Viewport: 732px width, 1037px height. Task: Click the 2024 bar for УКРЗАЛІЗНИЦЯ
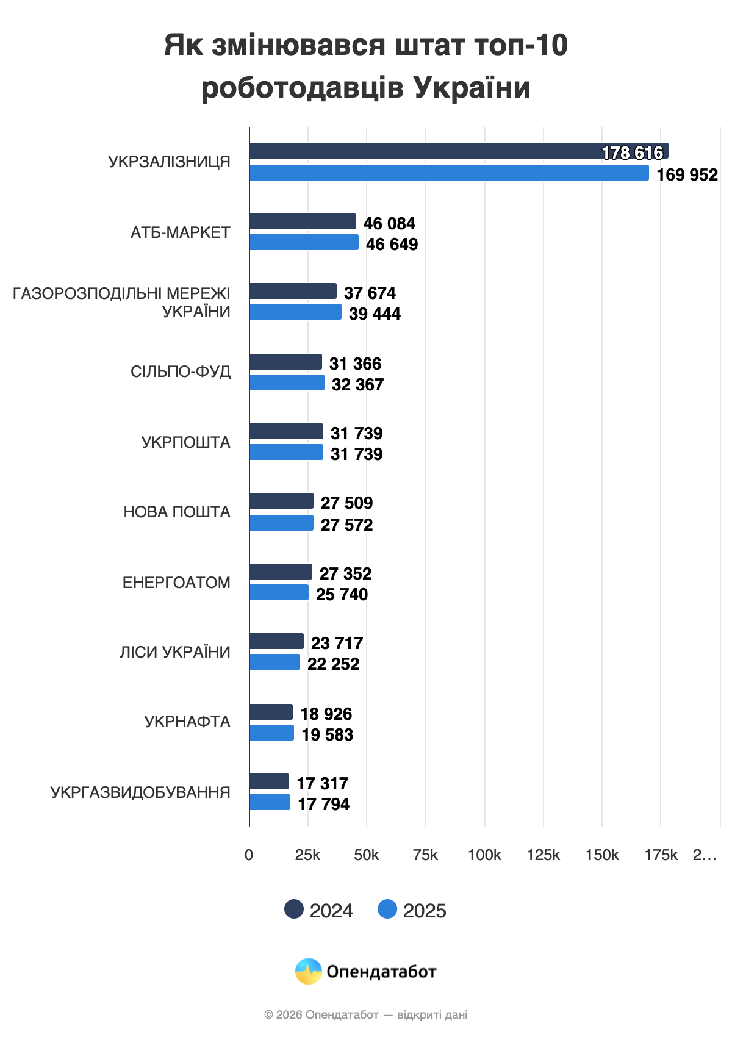(x=427, y=151)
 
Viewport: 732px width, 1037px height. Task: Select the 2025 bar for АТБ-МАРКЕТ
(x=304, y=242)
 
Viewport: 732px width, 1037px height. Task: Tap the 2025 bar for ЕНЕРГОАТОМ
(x=279, y=592)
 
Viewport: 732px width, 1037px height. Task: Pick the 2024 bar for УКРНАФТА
(x=271, y=712)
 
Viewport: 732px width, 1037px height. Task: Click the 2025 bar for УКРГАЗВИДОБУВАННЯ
(x=270, y=802)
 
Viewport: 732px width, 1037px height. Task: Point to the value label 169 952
(x=687, y=175)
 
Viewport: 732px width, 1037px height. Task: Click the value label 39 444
(x=375, y=314)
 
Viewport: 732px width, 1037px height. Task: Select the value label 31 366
(x=355, y=364)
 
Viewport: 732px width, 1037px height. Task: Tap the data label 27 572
(x=346, y=525)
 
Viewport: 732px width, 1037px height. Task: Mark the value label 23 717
(x=337, y=643)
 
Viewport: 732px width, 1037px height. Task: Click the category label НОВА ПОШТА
(x=177, y=512)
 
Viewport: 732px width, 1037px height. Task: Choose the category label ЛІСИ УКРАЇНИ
(x=175, y=652)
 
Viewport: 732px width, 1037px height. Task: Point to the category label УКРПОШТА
(x=186, y=442)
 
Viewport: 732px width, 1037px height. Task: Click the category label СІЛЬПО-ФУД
(x=181, y=371)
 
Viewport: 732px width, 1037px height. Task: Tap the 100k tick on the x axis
(x=484, y=855)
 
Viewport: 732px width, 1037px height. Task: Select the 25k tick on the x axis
(x=307, y=855)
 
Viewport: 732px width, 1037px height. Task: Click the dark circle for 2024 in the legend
(x=294, y=909)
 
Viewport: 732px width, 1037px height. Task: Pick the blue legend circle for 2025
(x=387, y=909)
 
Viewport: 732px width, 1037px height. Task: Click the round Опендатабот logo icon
(x=309, y=971)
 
